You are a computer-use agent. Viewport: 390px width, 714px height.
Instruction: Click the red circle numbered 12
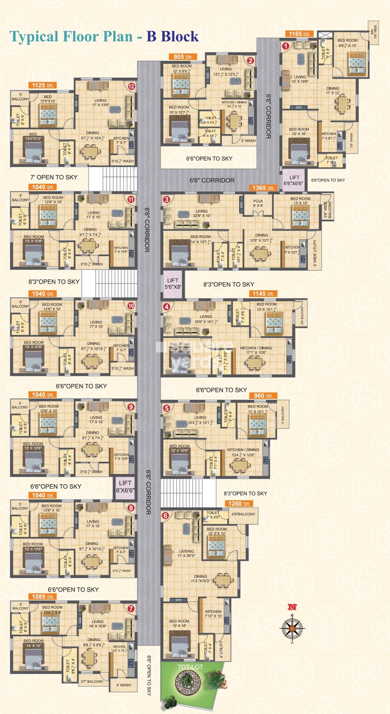coord(131,86)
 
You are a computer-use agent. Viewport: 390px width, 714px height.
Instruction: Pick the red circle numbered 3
coord(166,199)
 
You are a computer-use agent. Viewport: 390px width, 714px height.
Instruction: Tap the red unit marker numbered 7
coord(131,608)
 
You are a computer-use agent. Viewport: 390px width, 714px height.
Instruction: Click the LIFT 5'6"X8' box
coord(172,284)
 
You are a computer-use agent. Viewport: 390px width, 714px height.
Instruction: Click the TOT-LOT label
coord(184,667)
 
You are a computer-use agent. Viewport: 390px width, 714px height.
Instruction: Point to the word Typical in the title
coord(34,36)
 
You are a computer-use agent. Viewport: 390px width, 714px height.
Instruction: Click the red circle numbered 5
coord(166,408)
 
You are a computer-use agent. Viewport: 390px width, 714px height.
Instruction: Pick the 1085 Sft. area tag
coord(44,597)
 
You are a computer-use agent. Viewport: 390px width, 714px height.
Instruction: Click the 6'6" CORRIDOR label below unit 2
coord(212,180)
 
